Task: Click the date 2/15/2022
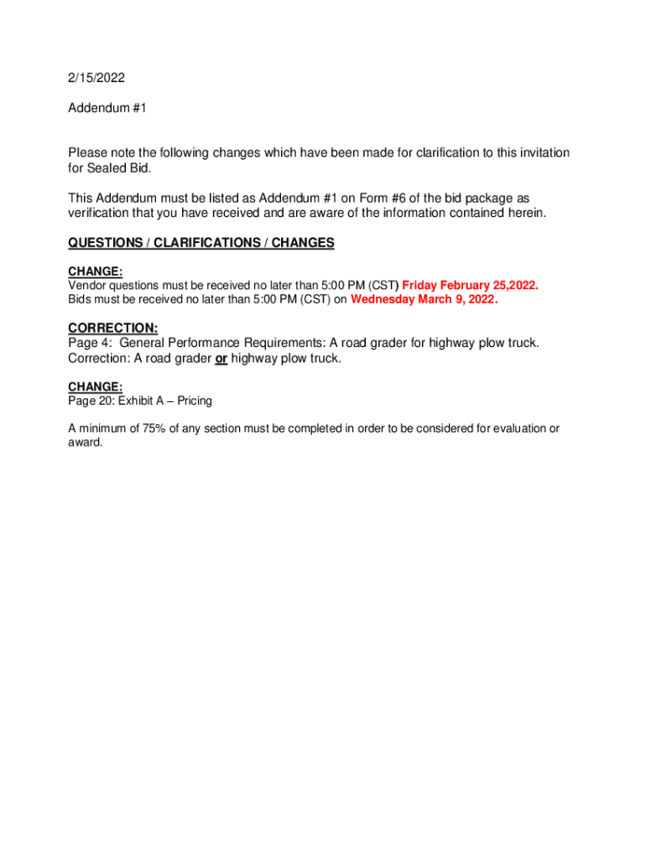96,78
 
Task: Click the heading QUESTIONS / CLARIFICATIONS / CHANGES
201,243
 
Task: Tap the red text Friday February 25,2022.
471,286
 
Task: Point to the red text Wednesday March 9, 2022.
424,299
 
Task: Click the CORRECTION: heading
113,328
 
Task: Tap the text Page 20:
91,401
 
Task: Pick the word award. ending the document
86,442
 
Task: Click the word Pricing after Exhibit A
194,401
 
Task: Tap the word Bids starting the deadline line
81,299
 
